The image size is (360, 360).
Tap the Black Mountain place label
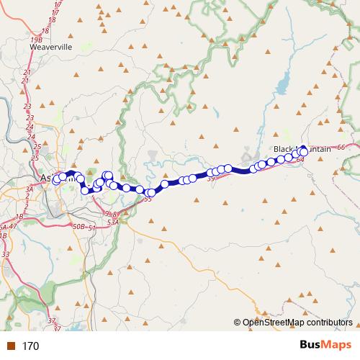click(302, 149)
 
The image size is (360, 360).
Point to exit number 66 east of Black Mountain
click(341, 147)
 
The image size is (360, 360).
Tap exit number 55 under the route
click(147, 199)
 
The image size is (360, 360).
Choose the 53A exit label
click(113, 223)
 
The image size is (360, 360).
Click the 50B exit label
click(78, 228)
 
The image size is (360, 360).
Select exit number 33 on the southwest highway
click(6, 254)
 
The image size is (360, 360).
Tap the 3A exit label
click(30, 189)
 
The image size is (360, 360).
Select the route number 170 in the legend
click(30, 346)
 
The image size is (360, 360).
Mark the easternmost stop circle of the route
click(305, 152)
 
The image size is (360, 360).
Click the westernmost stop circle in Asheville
click(56, 180)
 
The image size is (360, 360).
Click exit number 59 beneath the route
click(211, 179)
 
